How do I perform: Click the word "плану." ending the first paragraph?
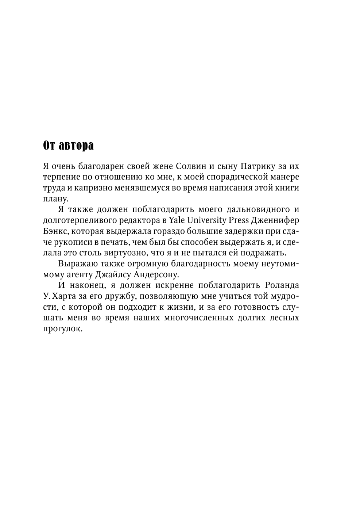(55, 199)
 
